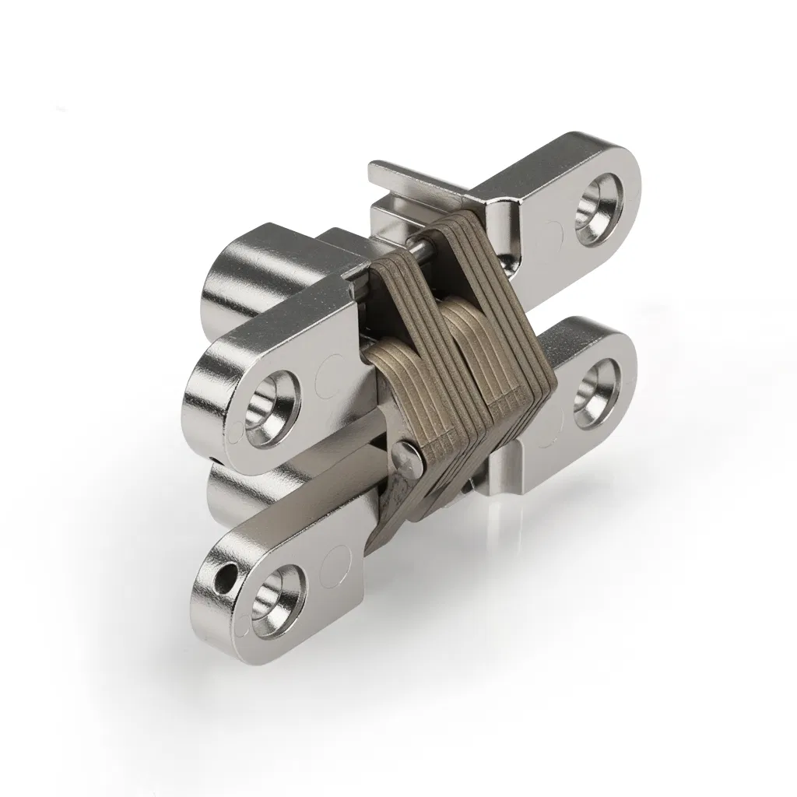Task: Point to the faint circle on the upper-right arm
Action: tap(550, 233)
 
